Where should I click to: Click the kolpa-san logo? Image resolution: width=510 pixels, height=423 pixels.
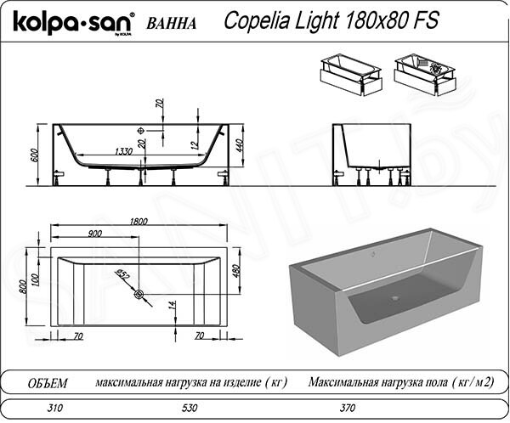pyautogui.click(x=73, y=22)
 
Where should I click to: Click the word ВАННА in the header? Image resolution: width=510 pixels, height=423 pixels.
pyautogui.click(x=172, y=24)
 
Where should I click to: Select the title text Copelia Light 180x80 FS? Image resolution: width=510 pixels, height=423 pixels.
pyautogui.click(x=331, y=20)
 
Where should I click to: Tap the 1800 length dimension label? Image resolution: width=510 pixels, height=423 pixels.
pyautogui.click(x=139, y=222)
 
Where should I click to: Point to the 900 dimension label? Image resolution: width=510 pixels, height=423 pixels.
pyautogui.click(x=94, y=234)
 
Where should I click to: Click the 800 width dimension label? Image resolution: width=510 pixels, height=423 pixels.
pyautogui.click(x=23, y=286)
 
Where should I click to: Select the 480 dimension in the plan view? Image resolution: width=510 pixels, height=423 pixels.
pyautogui.click(x=236, y=271)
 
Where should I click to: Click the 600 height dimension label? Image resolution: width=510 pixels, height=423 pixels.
pyautogui.click(x=35, y=155)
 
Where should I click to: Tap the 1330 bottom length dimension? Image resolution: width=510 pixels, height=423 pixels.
pyautogui.click(x=123, y=151)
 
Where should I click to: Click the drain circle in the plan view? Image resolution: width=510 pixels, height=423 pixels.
pyautogui.click(x=139, y=294)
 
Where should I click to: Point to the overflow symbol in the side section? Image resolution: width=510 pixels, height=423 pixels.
pyautogui.click(x=141, y=131)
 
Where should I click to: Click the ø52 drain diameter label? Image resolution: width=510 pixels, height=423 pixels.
pyautogui.click(x=123, y=274)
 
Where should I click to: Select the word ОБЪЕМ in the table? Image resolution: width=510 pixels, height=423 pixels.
pyautogui.click(x=48, y=383)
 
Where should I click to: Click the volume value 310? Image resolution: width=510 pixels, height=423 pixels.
pyautogui.click(x=54, y=408)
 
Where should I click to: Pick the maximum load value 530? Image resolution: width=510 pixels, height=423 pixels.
pyautogui.click(x=190, y=408)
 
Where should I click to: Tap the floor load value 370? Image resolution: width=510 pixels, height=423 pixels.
pyautogui.click(x=348, y=408)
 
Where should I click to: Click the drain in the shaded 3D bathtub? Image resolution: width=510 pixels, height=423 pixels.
pyautogui.click(x=395, y=297)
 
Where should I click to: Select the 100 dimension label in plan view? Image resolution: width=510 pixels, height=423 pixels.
pyautogui.click(x=35, y=279)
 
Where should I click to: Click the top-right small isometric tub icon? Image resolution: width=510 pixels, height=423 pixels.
pyautogui.click(x=426, y=75)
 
